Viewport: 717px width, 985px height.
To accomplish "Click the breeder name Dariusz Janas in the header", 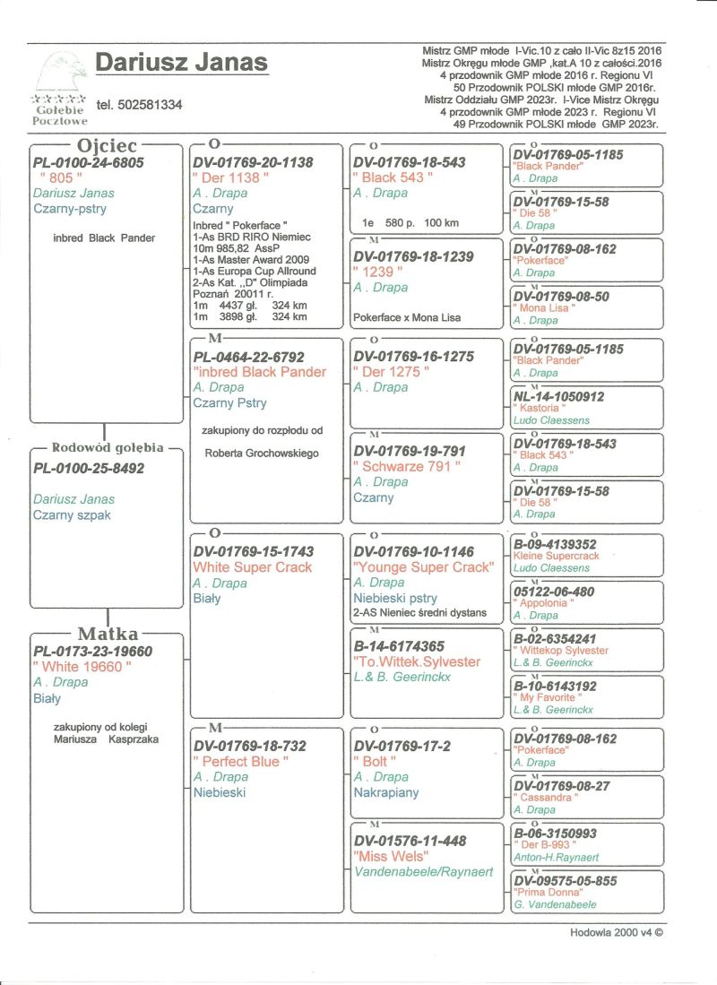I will point(181,63).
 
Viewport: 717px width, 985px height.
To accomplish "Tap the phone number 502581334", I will point(139,105).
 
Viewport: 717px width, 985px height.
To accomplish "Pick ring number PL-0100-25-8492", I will point(88,468).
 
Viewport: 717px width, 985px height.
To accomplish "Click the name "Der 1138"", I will point(227,178).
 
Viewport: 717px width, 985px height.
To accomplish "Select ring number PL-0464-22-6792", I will point(249,356).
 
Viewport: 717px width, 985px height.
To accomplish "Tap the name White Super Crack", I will point(253,567).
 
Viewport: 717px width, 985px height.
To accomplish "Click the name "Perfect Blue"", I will point(241,761).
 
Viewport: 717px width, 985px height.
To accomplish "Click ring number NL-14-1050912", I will point(558,395).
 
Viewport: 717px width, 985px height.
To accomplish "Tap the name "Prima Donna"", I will point(548,893).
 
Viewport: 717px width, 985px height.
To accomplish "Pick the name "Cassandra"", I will point(544,798).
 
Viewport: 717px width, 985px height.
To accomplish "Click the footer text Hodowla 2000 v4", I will point(616,931).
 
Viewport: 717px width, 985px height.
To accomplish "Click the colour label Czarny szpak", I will point(72,515).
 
